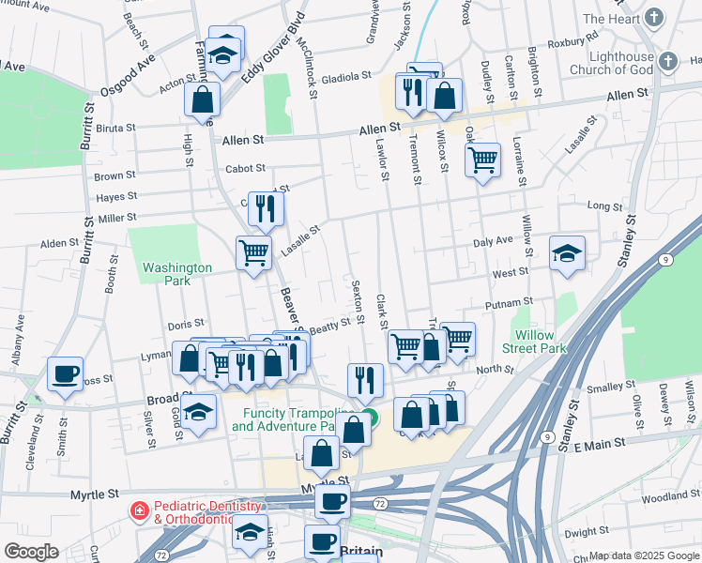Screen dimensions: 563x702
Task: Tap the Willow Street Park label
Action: (x=540, y=342)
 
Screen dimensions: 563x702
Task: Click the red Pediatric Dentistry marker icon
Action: (x=139, y=511)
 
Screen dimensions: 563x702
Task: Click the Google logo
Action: (x=31, y=551)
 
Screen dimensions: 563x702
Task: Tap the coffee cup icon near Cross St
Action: (x=65, y=373)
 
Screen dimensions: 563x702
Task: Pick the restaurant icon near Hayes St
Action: (x=267, y=208)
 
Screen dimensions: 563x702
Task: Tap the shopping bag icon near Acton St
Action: (x=203, y=98)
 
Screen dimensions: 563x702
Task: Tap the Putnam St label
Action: (x=510, y=304)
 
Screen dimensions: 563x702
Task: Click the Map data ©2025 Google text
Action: (x=642, y=555)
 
